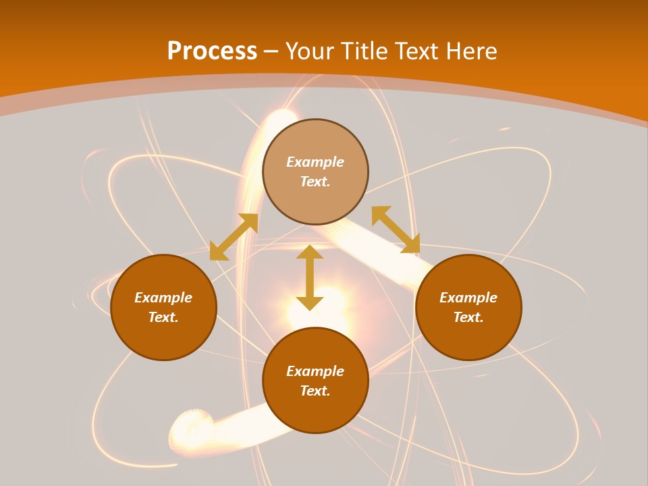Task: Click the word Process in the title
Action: click(x=212, y=51)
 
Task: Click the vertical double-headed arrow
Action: click(x=310, y=278)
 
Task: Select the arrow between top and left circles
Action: click(x=234, y=237)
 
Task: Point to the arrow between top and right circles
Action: click(x=396, y=230)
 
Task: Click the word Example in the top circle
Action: click(x=315, y=162)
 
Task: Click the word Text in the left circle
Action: click(x=163, y=317)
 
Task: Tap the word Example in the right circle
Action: click(x=468, y=298)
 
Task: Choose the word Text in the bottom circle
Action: click(x=315, y=391)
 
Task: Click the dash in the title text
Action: click(x=271, y=51)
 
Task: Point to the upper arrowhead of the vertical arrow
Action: click(x=310, y=252)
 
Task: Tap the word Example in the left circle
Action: click(x=163, y=298)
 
